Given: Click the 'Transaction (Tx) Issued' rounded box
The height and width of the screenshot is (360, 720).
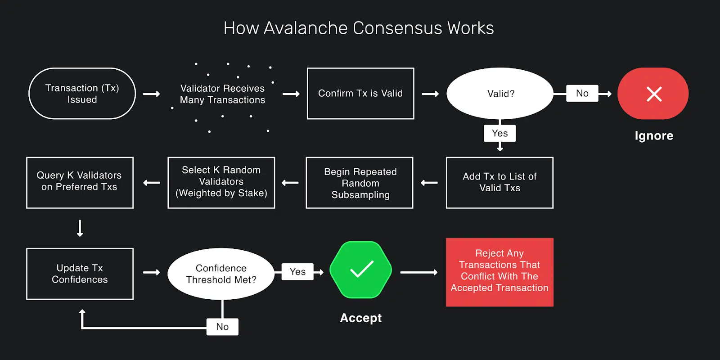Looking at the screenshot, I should tap(82, 94).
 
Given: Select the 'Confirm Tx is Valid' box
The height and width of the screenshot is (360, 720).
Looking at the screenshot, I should tap(360, 94).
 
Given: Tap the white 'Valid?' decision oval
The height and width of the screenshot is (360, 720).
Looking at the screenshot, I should tap(500, 94).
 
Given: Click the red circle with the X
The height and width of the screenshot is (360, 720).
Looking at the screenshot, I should tap(653, 94).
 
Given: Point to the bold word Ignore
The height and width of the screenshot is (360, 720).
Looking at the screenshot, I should tap(654, 136).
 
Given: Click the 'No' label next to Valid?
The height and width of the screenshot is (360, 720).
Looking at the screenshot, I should tap(582, 93).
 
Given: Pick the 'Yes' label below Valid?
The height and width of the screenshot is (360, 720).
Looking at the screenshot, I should tap(499, 133).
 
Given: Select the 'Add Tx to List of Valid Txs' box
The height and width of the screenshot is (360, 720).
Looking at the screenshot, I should tap(499, 183).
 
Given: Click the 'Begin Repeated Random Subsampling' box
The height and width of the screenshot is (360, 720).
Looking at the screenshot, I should tap(360, 183).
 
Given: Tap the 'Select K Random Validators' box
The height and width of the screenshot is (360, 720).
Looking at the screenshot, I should tap(221, 183).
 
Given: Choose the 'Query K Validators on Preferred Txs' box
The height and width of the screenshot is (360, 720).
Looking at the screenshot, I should tap(80, 183).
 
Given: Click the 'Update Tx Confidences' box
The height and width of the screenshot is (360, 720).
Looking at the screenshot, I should tap(80, 274).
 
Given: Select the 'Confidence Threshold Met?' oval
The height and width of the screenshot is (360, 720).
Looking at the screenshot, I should tap(221, 274).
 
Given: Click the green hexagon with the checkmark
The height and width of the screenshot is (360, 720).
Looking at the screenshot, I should tap(361, 270).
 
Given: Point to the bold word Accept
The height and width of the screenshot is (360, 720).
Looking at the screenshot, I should tap(361, 318).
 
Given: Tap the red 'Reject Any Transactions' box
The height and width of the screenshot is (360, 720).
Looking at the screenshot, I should tap(499, 272).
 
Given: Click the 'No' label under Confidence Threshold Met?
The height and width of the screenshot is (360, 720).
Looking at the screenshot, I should tap(222, 327).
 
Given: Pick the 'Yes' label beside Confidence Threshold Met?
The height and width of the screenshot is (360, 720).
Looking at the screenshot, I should tap(297, 272).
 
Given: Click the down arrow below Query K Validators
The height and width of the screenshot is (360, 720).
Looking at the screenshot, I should tap(80, 228).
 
